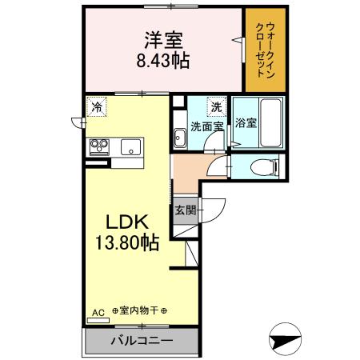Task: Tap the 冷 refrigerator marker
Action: pyautogui.click(x=97, y=106)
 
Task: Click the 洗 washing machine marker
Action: pyautogui.click(x=216, y=106)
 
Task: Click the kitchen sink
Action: pyautogui.click(x=130, y=146)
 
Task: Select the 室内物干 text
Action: pyautogui.click(x=140, y=311)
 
